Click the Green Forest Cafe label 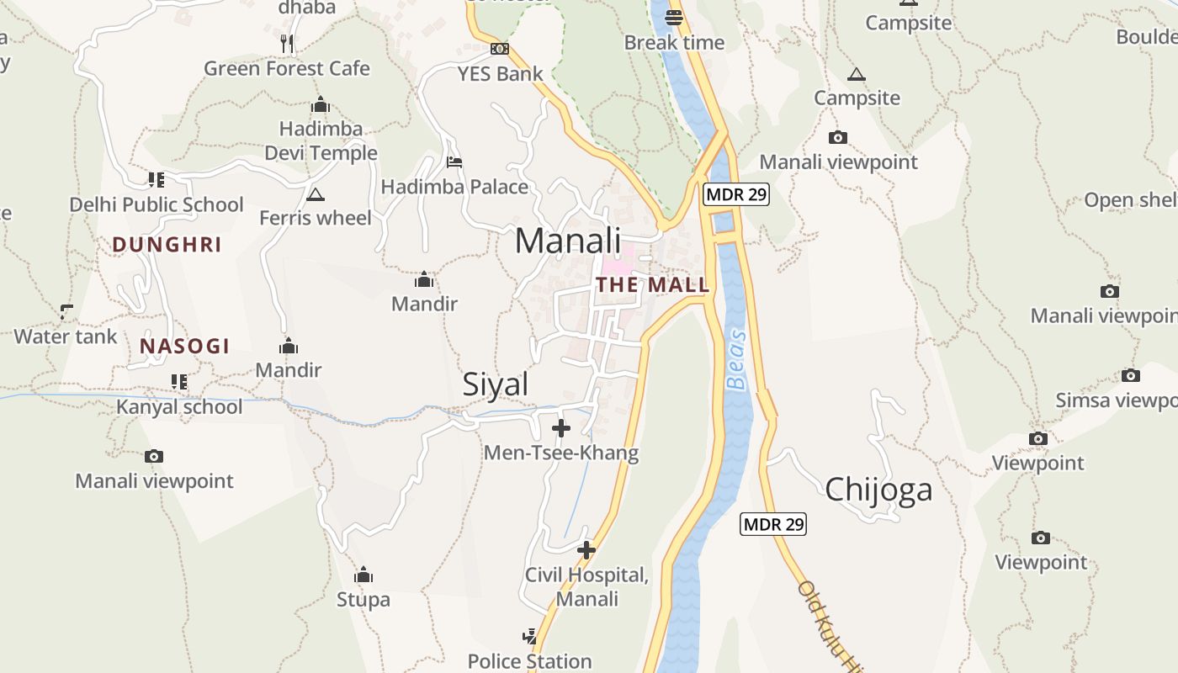tap(287, 68)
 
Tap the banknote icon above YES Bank tap(500, 49)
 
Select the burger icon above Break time tap(674, 17)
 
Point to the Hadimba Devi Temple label tap(321, 141)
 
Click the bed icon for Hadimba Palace tap(454, 162)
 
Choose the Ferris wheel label tap(315, 218)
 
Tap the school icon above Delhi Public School tap(157, 179)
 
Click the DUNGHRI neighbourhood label tap(167, 245)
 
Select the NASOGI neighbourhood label tap(184, 346)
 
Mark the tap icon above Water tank tap(66, 312)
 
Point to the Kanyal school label tap(179, 406)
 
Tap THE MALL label tap(653, 285)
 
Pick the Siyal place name tap(496, 384)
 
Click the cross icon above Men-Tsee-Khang tap(561, 428)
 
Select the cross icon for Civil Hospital tap(586, 550)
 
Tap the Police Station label tap(530, 661)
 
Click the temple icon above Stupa tap(363, 575)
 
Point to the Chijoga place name tap(878, 490)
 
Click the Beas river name tap(736, 359)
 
